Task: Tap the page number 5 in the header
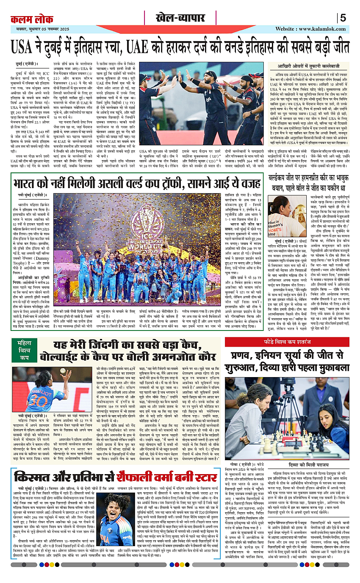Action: point(343,18)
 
